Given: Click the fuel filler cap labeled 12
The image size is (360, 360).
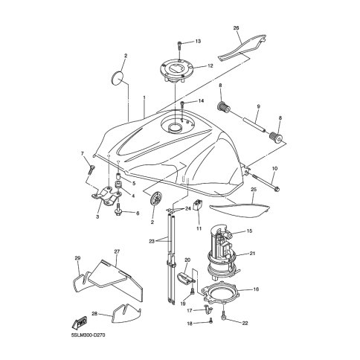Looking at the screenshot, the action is click(x=176, y=70).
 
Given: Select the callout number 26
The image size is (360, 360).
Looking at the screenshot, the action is click(x=236, y=28).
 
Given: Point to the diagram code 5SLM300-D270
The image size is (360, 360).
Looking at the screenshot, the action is click(x=89, y=335).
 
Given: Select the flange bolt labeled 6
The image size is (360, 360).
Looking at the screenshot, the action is click(x=118, y=210).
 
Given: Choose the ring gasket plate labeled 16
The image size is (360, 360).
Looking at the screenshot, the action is click(x=221, y=294).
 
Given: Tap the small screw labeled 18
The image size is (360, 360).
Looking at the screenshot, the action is click(x=210, y=321).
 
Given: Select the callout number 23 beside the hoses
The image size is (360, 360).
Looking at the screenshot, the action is click(x=152, y=241).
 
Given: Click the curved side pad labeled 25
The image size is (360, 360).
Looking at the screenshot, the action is click(x=240, y=209).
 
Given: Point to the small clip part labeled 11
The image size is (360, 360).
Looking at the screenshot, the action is click(x=199, y=205).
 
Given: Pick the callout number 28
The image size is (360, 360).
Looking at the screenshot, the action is click(x=94, y=314).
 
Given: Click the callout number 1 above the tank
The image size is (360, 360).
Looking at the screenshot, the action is click(x=144, y=97).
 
